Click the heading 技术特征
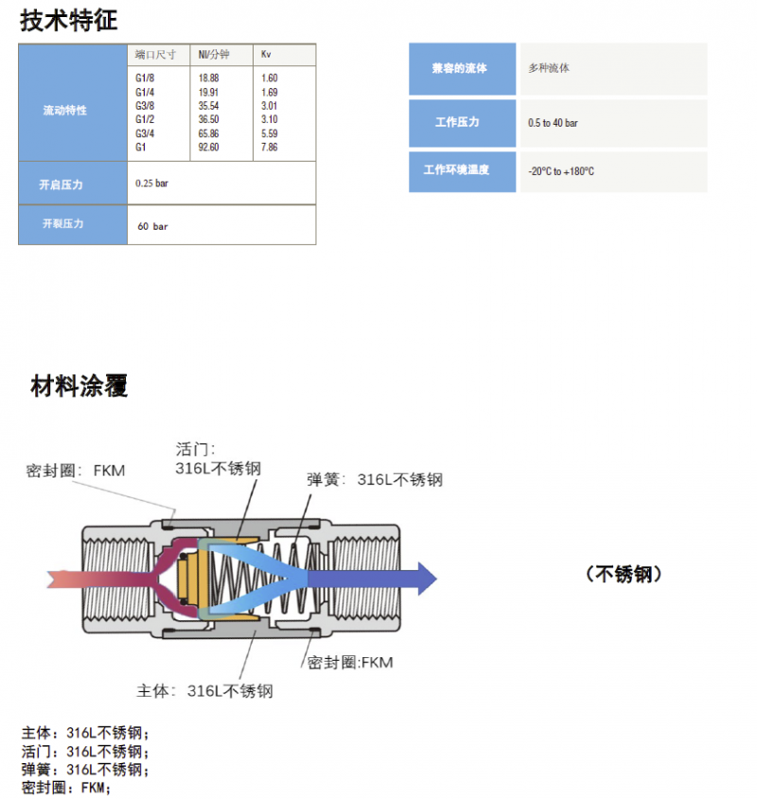pos(68,19)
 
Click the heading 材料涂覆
pos(79,386)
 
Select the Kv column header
pos(267,55)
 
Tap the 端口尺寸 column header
pos(151,55)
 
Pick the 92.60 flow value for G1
pos(208,148)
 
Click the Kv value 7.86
pos(269,148)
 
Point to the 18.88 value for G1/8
pos(208,78)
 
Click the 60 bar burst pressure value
pos(152,227)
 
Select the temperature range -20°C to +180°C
pos(561,172)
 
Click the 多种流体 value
pos(550,69)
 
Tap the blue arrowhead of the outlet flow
pos(427,577)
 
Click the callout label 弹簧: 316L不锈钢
pos(374,479)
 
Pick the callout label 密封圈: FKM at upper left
pos(76,470)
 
